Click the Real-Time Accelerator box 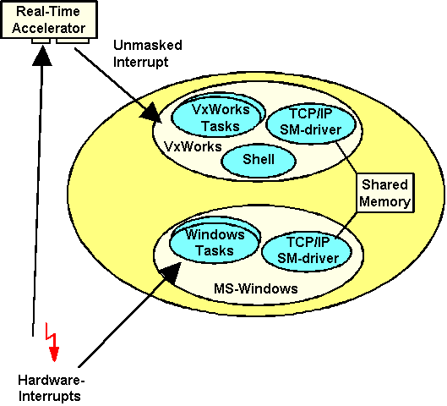coord(49,19)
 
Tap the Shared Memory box coord(384,193)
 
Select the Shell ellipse coord(259,160)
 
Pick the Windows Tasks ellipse coord(215,242)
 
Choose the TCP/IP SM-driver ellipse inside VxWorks coord(311,122)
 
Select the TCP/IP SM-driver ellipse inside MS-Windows coord(307,251)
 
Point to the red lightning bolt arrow coord(52,342)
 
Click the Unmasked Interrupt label coord(147,53)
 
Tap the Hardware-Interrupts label coord(51,388)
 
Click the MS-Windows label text coord(256,288)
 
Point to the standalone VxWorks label coord(193,146)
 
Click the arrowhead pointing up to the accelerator coord(42,57)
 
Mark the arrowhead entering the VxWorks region coord(151,114)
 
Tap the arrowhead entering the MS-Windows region coord(171,273)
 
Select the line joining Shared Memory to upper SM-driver coord(346,157)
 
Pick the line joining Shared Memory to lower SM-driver coord(346,225)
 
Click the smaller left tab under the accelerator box coord(41,41)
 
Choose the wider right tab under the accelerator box coord(73,41)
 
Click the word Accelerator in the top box coord(49,28)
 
